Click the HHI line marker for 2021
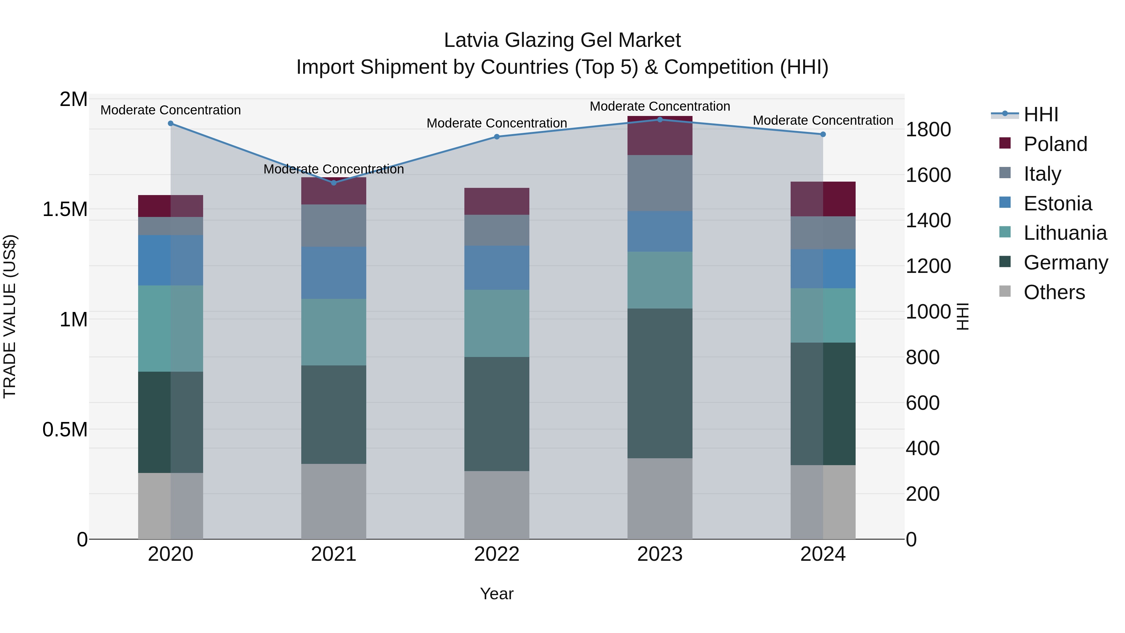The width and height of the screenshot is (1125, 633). tap(334, 183)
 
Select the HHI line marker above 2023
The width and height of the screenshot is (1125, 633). tap(660, 120)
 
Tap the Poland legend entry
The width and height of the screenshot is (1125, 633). tap(1055, 144)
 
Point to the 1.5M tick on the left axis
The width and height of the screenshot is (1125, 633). tap(65, 209)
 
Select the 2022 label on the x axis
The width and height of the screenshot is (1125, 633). tap(497, 554)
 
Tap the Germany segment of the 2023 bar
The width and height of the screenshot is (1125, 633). tap(660, 383)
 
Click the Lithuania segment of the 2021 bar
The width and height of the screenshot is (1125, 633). tap(334, 332)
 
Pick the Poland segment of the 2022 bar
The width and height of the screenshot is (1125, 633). tap(497, 201)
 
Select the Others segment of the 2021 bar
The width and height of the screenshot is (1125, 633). tap(334, 501)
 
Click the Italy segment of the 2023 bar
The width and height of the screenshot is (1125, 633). tap(660, 183)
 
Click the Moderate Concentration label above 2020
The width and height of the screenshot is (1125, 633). tap(170, 110)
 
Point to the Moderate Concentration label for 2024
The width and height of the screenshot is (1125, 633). tap(823, 120)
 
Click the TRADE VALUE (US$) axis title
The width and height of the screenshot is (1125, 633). tap(10, 316)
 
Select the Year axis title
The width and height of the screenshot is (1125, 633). tap(497, 594)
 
